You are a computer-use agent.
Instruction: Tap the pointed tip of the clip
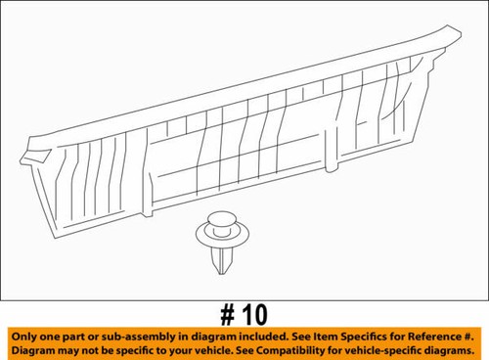coord(222,274)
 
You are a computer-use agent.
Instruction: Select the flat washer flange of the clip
coord(222,236)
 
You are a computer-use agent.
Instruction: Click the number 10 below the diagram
coord(255,315)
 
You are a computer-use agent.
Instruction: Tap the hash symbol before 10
coord(228,315)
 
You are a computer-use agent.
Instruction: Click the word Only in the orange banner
coord(23,337)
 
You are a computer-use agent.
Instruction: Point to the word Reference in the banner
coord(433,337)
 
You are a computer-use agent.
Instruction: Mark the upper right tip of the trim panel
coord(461,33)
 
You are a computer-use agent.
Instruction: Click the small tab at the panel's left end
coord(35,156)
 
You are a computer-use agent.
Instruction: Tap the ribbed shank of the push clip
coord(222,259)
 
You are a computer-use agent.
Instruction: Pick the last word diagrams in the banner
coord(453,351)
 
